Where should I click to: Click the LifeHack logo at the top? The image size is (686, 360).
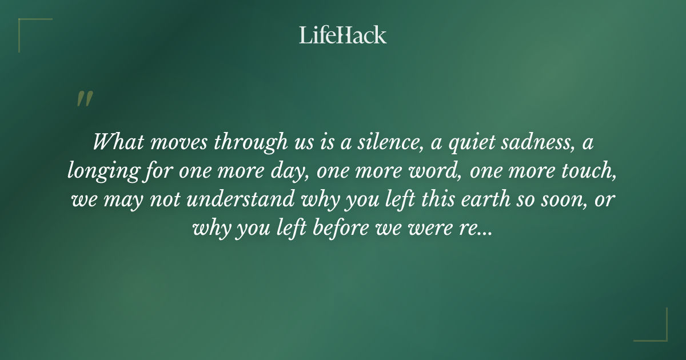coord(342,35)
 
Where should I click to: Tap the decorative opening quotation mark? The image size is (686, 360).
coord(84,99)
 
